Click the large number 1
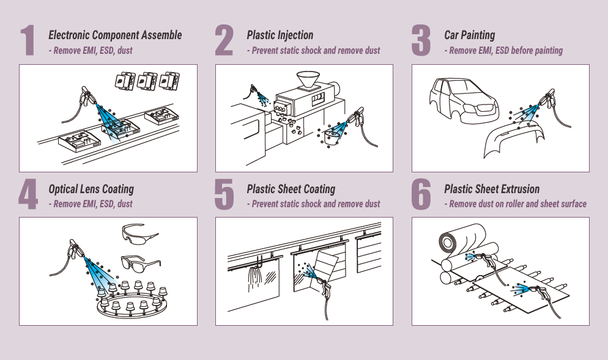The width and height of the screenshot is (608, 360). [28, 42]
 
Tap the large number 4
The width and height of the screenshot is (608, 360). [28, 196]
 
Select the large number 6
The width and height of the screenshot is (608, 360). [421, 196]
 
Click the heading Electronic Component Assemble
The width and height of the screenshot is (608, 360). [115, 35]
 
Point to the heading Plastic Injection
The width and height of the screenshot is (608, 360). [280, 35]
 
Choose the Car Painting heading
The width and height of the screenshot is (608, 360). [469, 35]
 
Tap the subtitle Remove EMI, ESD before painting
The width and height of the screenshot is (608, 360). [503, 51]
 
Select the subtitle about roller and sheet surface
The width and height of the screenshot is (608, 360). [515, 204]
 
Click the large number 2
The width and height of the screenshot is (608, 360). [224, 42]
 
